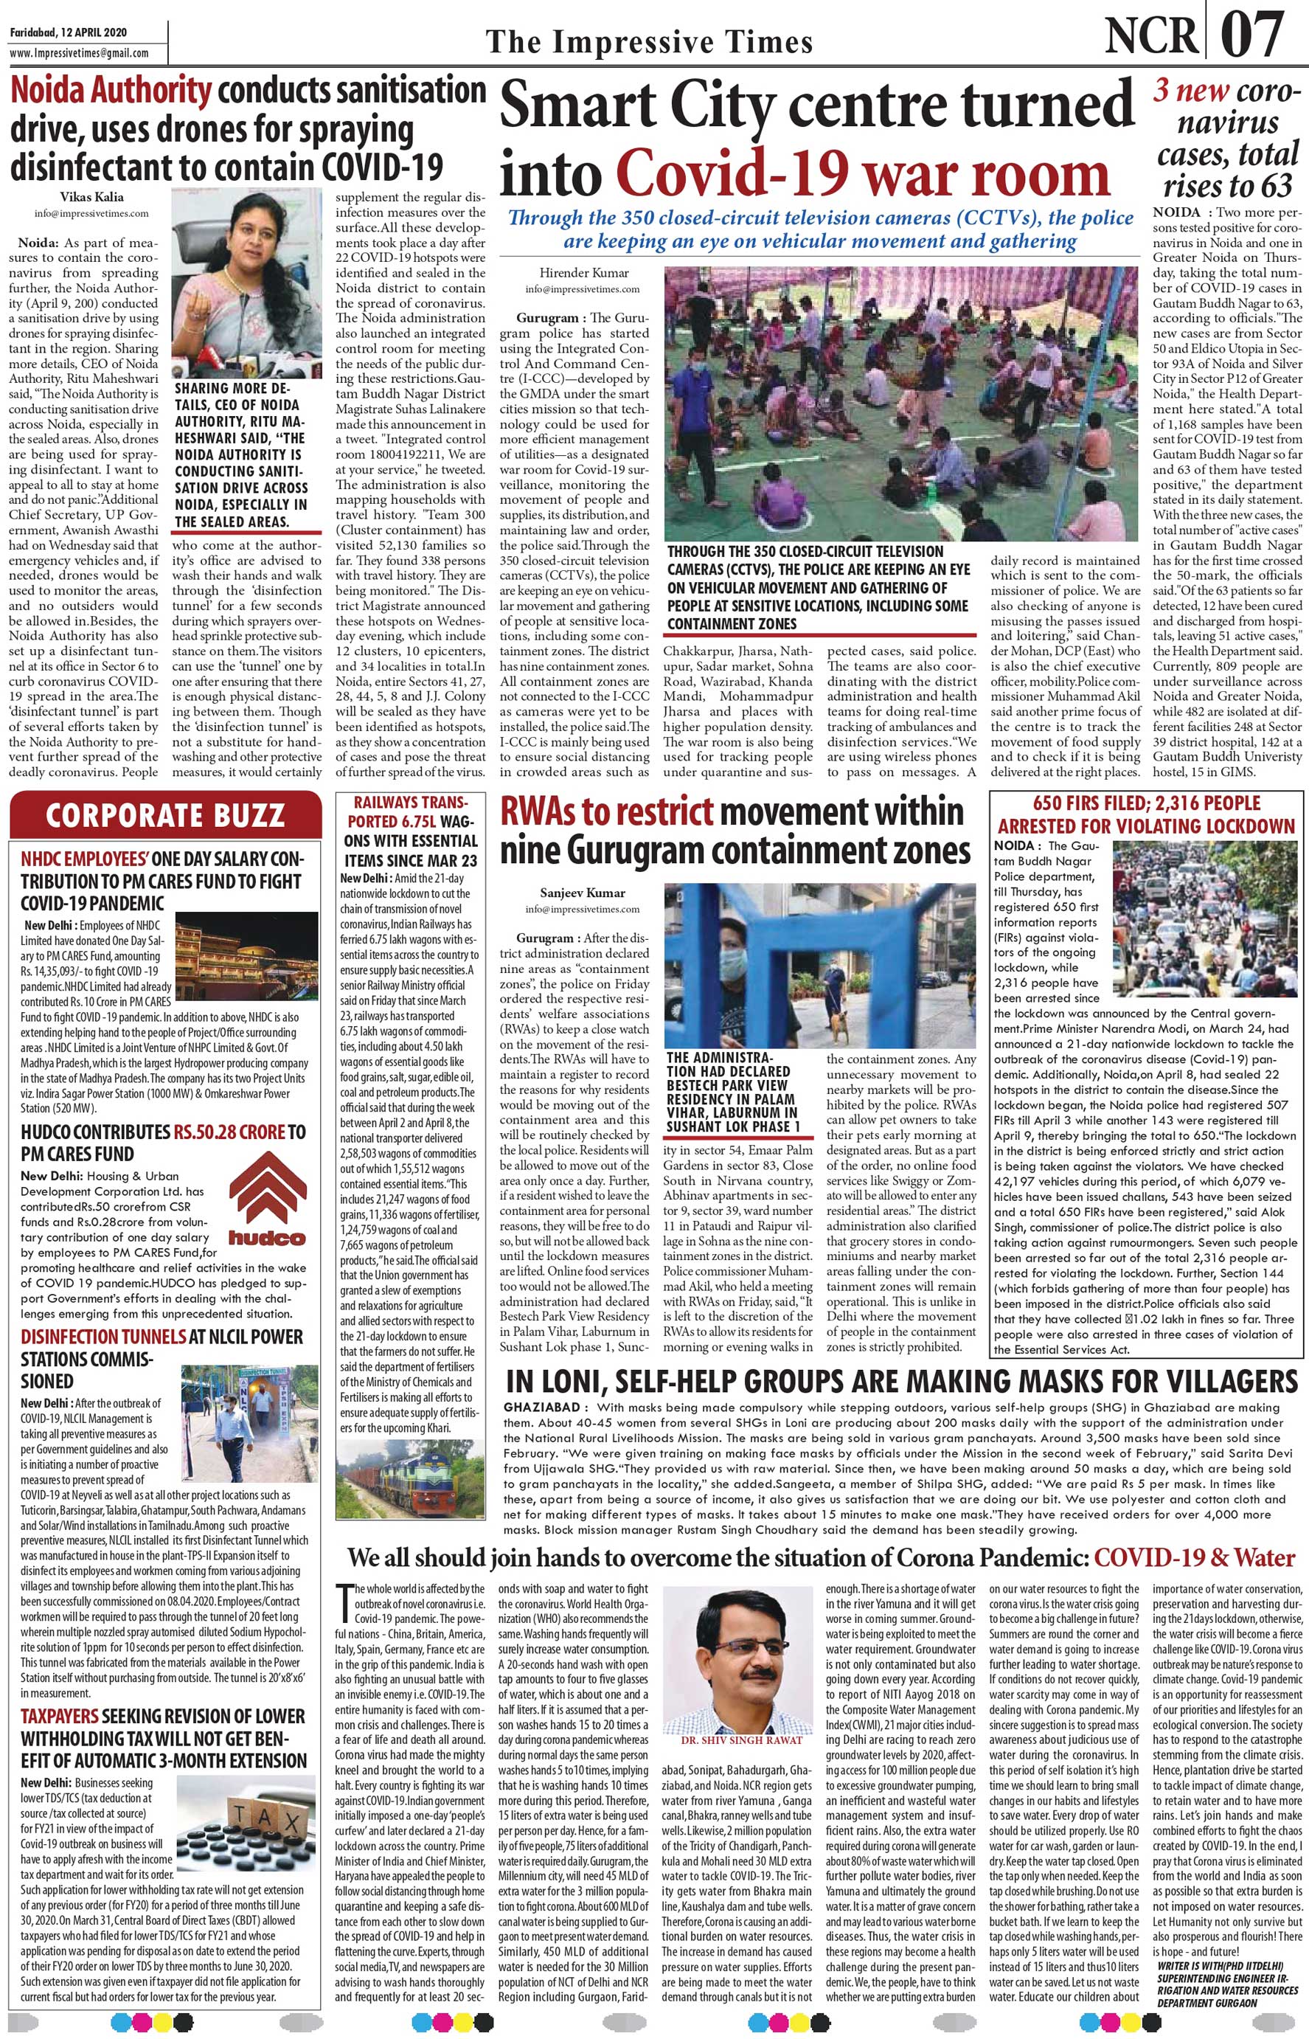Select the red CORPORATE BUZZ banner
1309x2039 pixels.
pyautogui.click(x=165, y=815)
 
